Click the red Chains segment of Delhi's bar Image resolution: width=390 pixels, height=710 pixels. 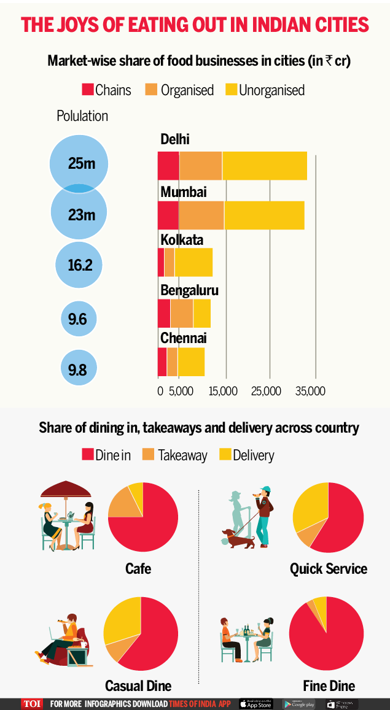click(168, 166)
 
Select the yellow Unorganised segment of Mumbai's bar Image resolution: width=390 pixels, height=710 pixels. click(264, 215)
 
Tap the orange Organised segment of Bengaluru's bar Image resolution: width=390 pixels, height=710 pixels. click(182, 314)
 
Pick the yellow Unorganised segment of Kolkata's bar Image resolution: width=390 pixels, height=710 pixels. click(193, 262)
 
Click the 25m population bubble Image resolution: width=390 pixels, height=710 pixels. click(80, 163)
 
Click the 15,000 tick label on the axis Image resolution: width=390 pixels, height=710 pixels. click(223, 392)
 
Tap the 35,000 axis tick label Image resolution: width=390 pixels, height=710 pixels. click(310, 392)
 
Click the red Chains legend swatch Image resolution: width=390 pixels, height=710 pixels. click(87, 90)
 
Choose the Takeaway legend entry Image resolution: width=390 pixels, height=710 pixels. click(175, 455)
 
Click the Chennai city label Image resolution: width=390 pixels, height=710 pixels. click(183, 338)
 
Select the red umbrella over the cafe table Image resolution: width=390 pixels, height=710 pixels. click(66, 490)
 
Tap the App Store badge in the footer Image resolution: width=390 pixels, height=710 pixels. click(255, 704)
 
